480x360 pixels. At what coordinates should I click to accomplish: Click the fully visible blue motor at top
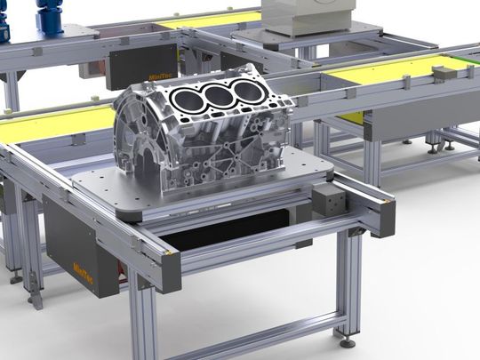tap(50, 15)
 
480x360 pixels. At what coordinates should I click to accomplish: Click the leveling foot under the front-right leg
tap(348, 340)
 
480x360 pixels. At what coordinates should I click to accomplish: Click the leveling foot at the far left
tap(16, 277)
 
